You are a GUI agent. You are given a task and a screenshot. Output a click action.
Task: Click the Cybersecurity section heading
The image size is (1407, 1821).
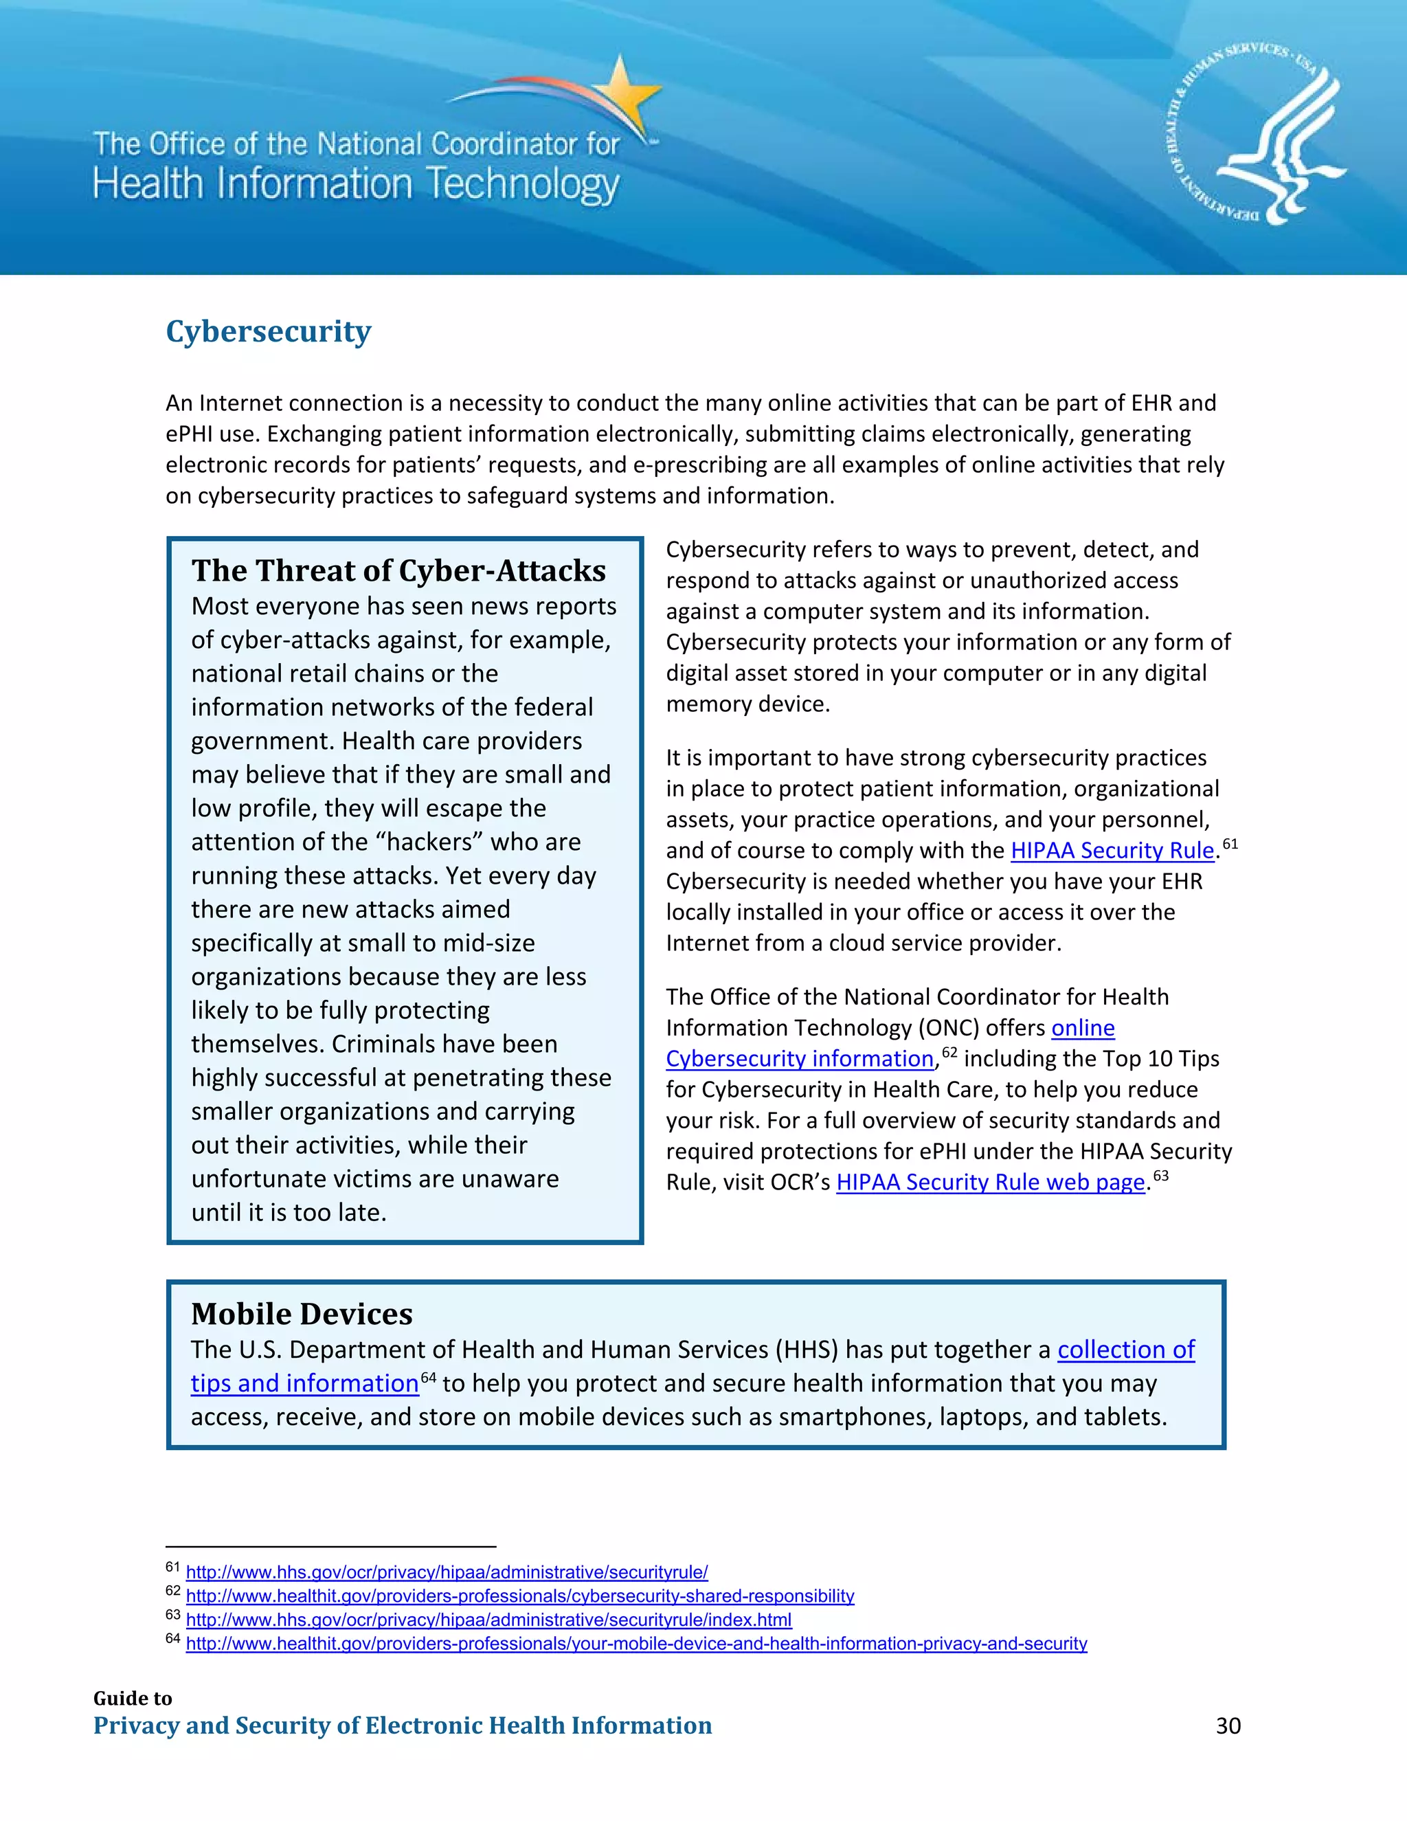point(269,332)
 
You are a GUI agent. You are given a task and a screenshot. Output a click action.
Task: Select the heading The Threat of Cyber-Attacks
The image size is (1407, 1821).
point(398,570)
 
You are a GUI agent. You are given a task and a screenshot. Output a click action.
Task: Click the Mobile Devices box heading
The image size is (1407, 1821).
point(302,1314)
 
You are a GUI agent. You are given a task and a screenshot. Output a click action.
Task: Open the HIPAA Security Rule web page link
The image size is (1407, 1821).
point(990,1183)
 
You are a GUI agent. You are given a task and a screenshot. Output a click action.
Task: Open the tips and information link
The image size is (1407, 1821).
point(304,1383)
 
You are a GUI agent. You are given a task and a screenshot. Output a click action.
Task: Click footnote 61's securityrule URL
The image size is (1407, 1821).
point(447,1572)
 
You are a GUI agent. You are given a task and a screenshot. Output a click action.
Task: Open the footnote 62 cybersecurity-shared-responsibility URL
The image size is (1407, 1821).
point(520,1596)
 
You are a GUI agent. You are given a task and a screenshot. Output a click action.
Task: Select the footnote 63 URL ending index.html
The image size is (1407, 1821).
point(488,1620)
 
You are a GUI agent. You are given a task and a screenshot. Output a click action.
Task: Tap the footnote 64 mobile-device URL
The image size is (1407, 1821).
point(636,1644)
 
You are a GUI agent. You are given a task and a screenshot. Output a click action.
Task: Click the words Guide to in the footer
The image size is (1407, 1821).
point(133,1699)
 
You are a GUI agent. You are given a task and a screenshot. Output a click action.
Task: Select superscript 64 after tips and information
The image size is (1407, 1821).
point(429,1376)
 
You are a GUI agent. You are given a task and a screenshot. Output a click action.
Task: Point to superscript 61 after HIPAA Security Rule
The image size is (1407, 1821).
point(1230,844)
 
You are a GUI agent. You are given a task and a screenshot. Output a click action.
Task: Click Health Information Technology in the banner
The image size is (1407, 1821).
point(356,184)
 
